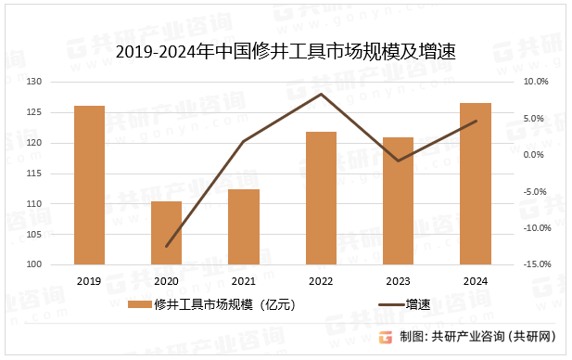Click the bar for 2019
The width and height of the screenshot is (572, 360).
(89, 185)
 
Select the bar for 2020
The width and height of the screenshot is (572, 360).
(167, 233)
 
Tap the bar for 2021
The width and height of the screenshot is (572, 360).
(244, 226)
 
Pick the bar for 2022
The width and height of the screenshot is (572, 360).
(321, 198)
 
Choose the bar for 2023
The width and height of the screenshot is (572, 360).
(398, 200)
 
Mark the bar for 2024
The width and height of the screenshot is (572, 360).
(476, 184)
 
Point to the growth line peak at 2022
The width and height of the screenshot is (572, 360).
(321, 94)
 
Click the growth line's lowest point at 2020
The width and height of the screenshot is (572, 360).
(167, 247)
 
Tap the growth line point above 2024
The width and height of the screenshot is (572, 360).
(476, 121)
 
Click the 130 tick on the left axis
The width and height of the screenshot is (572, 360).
(33, 83)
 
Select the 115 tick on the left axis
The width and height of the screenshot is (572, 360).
(33, 174)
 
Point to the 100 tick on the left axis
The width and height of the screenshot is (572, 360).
(33, 264)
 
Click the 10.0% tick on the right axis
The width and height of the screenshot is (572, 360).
(536, 83)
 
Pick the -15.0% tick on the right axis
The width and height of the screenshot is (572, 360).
(536, 264)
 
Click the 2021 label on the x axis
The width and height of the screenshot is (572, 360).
(244, 281)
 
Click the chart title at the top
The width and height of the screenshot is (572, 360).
(286, 51)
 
